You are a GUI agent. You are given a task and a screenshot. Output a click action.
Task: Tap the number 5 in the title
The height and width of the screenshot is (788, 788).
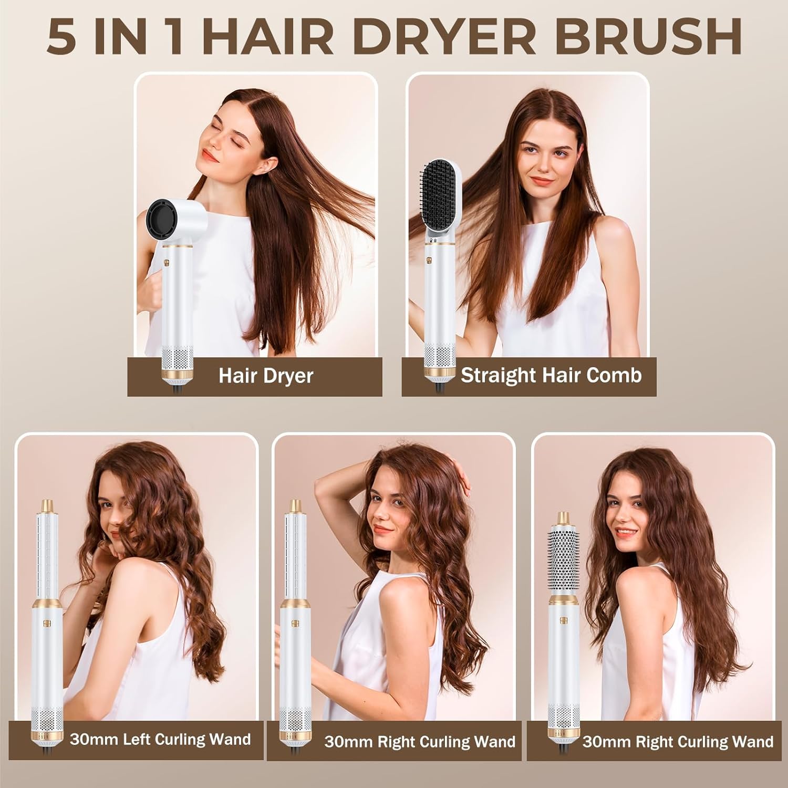pos(62,37)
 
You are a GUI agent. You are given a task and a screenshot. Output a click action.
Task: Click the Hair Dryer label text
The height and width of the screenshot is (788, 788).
pos(266,376)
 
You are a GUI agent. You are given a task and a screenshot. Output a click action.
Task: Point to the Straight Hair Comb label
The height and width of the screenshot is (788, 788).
pos(551,376)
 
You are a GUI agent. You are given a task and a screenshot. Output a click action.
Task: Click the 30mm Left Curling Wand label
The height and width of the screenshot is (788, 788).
pos(160,740)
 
